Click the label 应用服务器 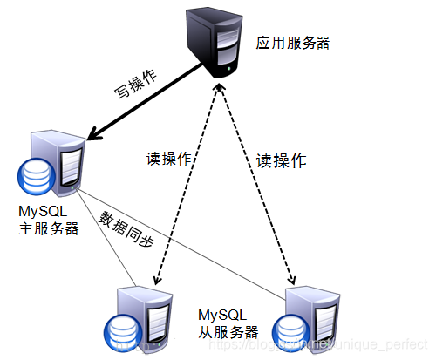point(293,43)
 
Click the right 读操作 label point(281,160)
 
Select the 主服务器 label point(48,228)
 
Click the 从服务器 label point(228,331)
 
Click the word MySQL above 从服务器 point(222,314)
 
